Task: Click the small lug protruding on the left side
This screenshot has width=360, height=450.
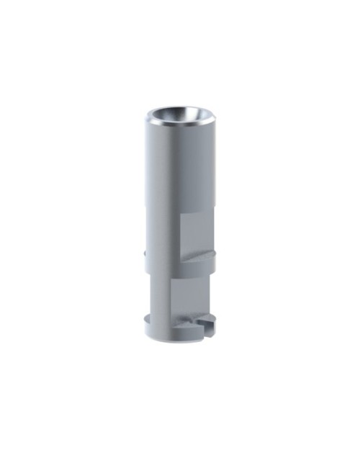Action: click(x=145, y=253)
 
